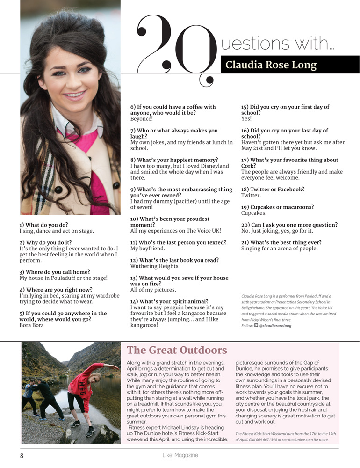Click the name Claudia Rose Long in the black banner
(271, 65)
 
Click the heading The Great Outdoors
(177, 350)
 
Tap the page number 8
(22, 455)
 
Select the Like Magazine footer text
(180, 455)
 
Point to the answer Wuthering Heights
(154, 266)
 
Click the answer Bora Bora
(32, 325)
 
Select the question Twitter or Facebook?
(273, 190)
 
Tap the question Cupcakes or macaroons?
(277, 207)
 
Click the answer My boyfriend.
(147, 249)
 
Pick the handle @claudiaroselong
(275, 326)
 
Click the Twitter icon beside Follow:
(256, 326)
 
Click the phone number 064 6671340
(269, 440)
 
